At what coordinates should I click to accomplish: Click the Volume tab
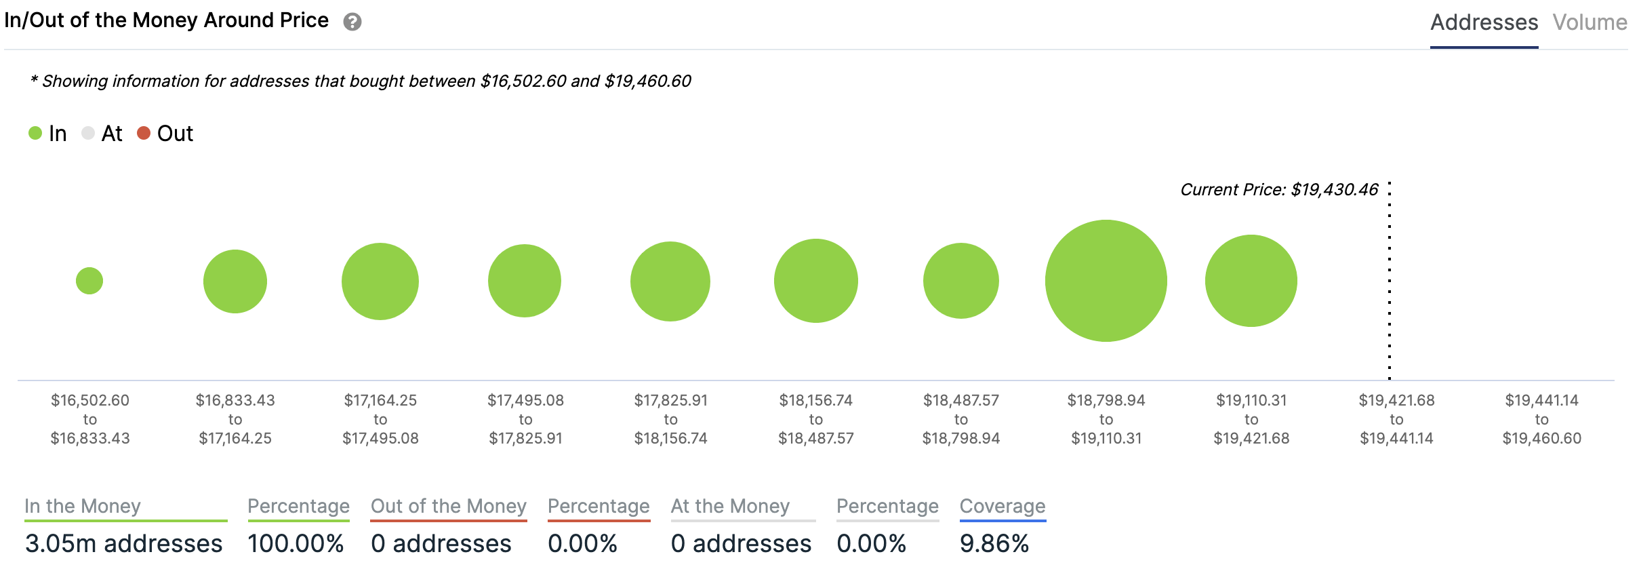[x=1590, y=22]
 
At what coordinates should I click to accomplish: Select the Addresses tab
[x=1484, y=22]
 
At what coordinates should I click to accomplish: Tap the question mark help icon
[x=352, y=22]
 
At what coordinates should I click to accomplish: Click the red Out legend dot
[x=144, y=133]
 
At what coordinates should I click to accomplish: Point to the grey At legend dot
[x=87, y=133]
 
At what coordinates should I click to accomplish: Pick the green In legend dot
[x=35, y=133]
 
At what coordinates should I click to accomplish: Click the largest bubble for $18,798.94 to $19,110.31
[x=1106, y=281]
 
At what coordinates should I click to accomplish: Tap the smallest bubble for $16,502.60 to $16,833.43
[x=89, y=281]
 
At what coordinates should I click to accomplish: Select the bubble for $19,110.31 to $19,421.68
[x=1251, y=281]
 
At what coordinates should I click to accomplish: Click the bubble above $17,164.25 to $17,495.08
[x=380, y=281]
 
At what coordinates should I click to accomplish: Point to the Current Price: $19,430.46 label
[x=1279, y=190]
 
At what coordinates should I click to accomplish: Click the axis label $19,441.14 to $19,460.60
[x=1541, y=419]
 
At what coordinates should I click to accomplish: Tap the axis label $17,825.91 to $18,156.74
[x=670, y=419]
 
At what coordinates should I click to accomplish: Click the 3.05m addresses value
[x=124, y=543]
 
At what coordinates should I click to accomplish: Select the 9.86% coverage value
[x=994, y=543]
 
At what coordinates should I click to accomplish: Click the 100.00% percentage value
[x=296, y=543]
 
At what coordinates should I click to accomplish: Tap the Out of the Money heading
[x=448, y=506]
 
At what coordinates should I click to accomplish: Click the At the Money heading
[x=730, y=506]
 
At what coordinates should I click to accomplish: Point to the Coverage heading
[x=1003, y=506]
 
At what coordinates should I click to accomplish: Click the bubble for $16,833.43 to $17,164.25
[x=235, y=281]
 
